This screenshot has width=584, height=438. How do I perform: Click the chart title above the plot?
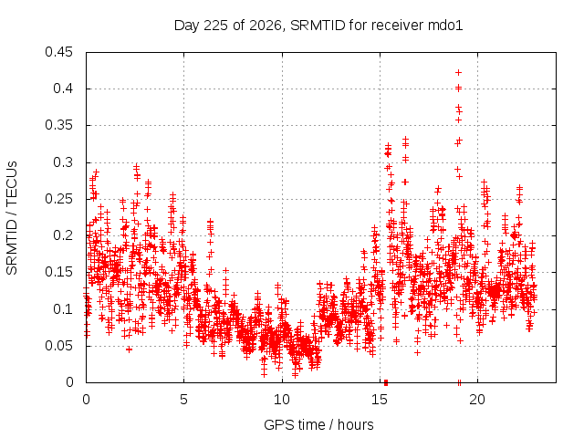pos(318,26)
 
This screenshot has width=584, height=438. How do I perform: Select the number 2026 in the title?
pos(265,26)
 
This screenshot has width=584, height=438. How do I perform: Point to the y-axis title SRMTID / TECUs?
pos(12,218)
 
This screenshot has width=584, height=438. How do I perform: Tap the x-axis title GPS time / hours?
pos(318,424)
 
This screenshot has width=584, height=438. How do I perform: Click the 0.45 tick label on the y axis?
pos(58,52)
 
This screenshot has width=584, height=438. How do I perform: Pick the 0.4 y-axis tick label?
pos(63,89)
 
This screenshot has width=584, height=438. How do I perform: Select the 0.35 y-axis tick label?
pos(58,125)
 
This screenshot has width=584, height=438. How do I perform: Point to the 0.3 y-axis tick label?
pos(63,162)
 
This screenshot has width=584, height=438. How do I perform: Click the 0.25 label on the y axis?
pos(58,199)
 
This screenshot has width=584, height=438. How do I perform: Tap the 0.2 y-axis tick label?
pos(63,235)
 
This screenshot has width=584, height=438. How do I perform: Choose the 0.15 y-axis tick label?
pos(58,272)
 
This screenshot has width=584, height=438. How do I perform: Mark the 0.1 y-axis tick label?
pos(63,308)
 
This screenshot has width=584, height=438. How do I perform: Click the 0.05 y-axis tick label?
pos(58,346)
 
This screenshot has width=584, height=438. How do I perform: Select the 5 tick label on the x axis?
pos(184,400)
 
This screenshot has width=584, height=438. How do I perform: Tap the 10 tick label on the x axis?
pos(282,400)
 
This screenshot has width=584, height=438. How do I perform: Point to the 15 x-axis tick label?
pos(380,400)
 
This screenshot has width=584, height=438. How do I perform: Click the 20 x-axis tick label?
pos(477,400)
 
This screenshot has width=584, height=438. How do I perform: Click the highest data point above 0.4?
pos(458,72)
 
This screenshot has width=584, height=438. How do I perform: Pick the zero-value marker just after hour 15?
pos(386,382)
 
